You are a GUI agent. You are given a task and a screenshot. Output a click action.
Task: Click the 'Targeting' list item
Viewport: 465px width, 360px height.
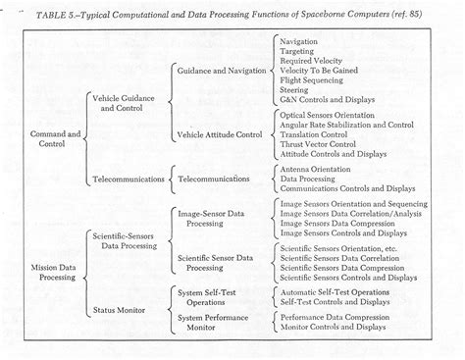click(298, 52)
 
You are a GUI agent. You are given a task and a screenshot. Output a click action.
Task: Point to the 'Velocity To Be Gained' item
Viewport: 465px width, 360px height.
click(320, 72)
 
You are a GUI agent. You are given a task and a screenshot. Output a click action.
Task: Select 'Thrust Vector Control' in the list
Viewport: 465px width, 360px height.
click(319, 143)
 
